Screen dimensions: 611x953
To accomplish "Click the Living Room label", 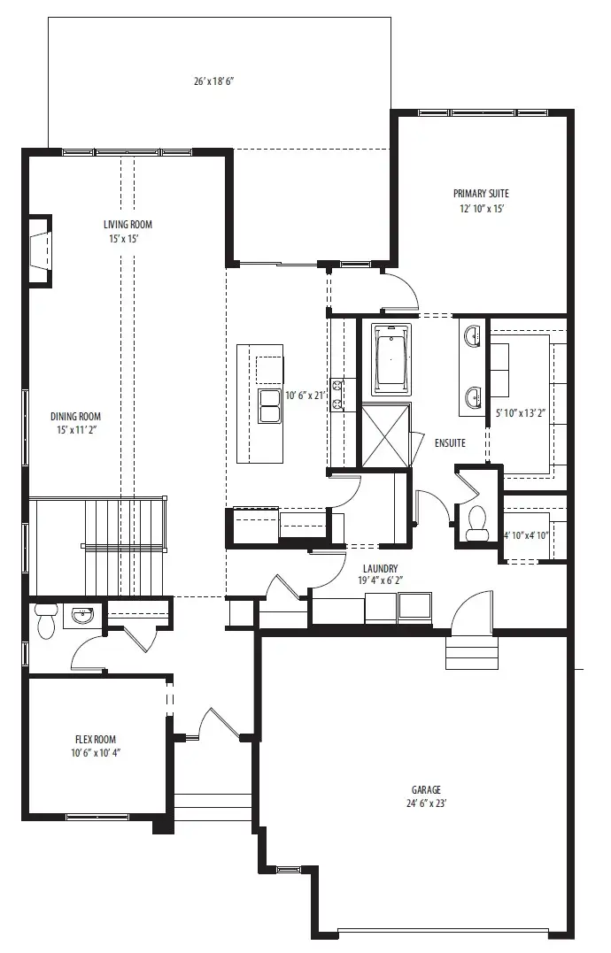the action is point(128,224).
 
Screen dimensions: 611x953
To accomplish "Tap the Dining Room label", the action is point(75,417).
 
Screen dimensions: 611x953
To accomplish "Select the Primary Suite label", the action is point(481,194).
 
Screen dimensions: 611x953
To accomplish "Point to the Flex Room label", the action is point(96,739).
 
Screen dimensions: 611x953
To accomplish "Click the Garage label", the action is point(426,789).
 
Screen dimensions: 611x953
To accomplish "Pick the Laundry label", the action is point(381,569).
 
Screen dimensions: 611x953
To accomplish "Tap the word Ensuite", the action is point(450,443).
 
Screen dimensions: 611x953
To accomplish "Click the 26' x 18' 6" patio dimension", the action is point(214,81).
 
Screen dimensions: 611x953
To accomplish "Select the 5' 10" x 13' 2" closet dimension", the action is point(521,413).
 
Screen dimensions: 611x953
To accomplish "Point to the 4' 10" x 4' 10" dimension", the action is point(527,535).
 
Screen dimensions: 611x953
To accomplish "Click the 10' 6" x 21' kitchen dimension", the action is point(306,396).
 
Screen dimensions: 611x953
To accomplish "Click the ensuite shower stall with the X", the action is point(386,435).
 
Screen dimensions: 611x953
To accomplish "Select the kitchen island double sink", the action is point(270,406).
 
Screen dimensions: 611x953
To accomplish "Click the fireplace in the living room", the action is point(39,250).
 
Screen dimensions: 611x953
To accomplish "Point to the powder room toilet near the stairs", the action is point(45,621).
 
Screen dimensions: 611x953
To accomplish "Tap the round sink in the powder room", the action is point(82,617).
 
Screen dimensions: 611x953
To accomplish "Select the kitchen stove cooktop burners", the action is point(337,395).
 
